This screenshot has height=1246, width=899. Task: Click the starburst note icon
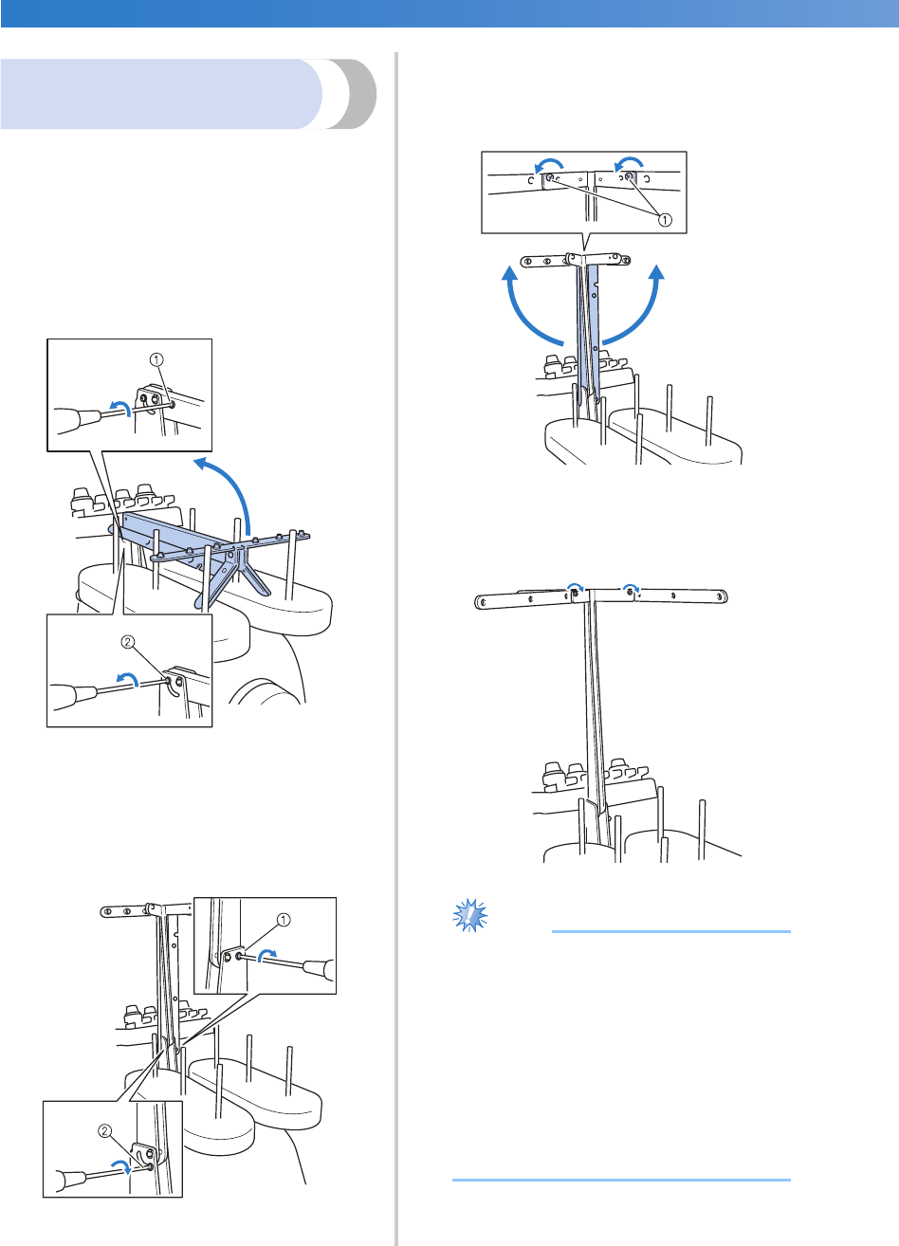pyautogui.click(x=471, y=917)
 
